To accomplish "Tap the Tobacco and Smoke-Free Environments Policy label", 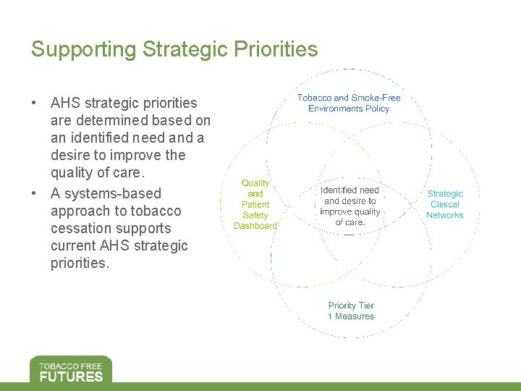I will (x=349, y=103).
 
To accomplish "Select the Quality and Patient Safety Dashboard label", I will (x=255, y=205).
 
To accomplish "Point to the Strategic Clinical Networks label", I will (x=444, y=204).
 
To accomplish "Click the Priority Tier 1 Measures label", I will (x=351, y=311).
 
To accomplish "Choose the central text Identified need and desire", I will (x=350, y=206).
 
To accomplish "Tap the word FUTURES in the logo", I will (x=71, y=376).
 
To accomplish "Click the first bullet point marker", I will (x=35, y=103).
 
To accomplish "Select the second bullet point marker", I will (x=35, y=193).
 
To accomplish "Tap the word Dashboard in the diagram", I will (x=255, y=226).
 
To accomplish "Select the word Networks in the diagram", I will (x=444, y=215).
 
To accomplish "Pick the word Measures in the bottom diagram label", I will (x=355, y=316).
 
